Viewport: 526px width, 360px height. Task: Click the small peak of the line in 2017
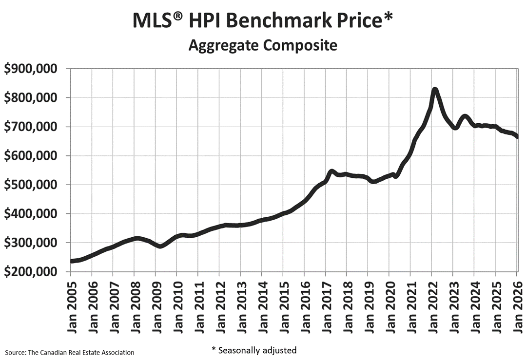[332, 171]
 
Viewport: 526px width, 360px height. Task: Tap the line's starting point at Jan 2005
[72, 261]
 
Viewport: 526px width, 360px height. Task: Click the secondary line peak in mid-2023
[465, 116]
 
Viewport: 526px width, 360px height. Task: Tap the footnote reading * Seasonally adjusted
[253, 350]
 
